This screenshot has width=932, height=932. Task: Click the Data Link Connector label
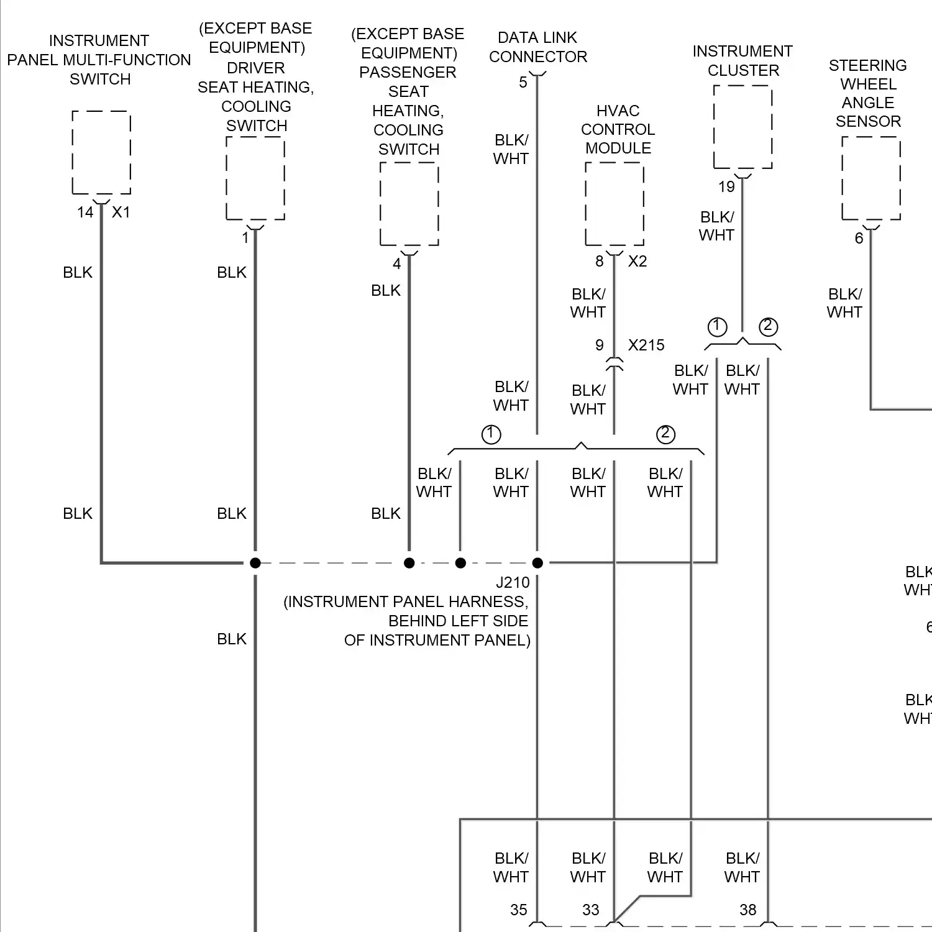[x=537, y=47]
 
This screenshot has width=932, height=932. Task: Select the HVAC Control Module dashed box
[x=614, y=204]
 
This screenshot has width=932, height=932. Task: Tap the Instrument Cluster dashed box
[x=742, y=127]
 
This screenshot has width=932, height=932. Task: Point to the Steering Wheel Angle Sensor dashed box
[x=871, y=178]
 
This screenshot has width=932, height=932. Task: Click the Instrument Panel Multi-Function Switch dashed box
[x=101, y=153]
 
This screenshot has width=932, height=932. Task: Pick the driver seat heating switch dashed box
[x=255, y=178]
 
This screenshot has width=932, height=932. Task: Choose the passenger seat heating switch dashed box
[x=409, y=204]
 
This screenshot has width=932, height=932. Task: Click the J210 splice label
[x=513, y=583]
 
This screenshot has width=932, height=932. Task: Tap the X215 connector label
[x=646, y=345]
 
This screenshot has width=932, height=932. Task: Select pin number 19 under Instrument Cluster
[x=726, y=187]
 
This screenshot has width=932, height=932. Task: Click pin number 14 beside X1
[x=85, y=212]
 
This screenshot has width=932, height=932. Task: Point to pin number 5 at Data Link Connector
[x=523, y=83]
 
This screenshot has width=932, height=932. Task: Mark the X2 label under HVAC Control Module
[x=637, y=262]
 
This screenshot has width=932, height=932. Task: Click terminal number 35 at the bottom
[x=519, y=910]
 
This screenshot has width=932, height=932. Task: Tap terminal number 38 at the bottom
[x=748, y=910]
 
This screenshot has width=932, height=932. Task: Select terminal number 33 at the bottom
[x=591, y=910]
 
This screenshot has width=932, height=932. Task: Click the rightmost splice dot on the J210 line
[x=537, y=563]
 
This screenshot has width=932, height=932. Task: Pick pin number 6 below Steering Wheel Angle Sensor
[x=859, y=239]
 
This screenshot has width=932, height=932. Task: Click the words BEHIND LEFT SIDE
[x=458, y=621]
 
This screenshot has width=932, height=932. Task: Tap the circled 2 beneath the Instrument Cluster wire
[x=769, y=326]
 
